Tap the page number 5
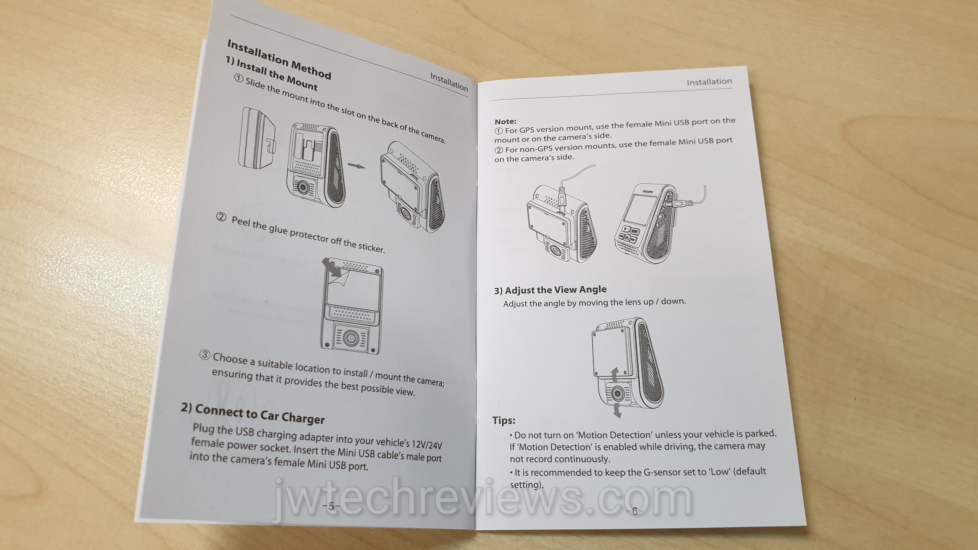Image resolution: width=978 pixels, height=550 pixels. (331, 506)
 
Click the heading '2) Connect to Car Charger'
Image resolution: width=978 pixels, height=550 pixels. (253, 413)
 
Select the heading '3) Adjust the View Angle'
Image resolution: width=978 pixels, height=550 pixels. (550, 290)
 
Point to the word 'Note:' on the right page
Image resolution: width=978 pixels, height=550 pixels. (505, 121)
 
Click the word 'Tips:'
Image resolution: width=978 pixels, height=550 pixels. (504, 420)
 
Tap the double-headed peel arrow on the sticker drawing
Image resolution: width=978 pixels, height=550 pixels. (331, 267)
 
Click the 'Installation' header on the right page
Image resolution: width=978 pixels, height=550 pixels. (709, 82)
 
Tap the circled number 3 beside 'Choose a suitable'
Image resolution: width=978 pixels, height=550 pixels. (205, 355)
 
